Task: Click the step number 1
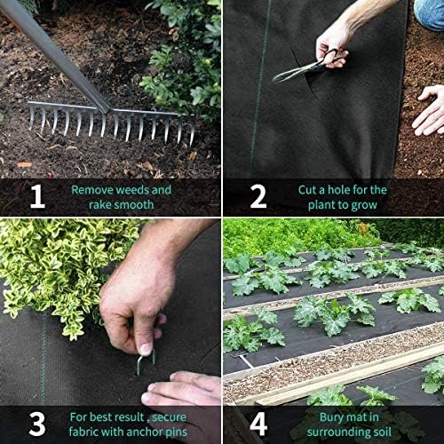(36, 196)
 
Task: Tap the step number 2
(258, 196)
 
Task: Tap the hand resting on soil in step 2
(429, 111)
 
